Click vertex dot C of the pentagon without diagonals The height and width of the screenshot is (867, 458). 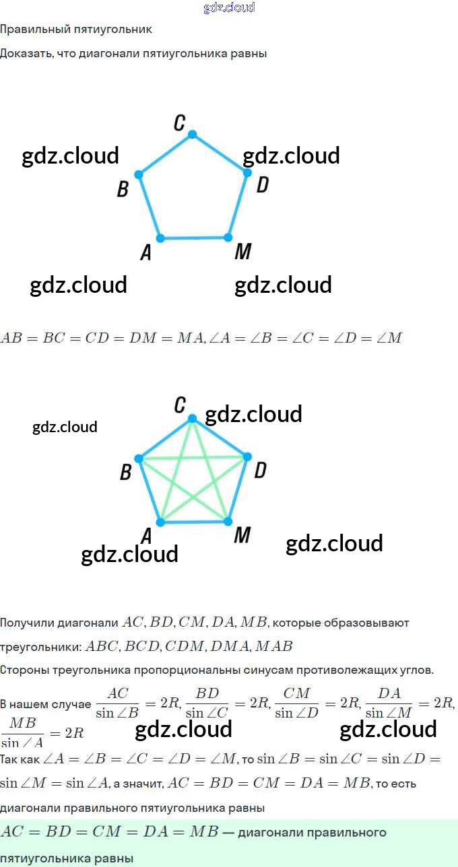[192, 135]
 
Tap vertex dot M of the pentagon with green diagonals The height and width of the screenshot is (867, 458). [228, 522]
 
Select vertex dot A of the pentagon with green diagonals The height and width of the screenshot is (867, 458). [160, 522]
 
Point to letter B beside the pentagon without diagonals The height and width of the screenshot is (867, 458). [123, 189]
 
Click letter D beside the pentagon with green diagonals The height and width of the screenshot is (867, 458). [260, 471]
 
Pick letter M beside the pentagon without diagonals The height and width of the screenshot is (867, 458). [242, 252]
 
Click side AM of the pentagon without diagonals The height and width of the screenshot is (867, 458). [194, 238]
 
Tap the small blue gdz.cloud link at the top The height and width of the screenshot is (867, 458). [229, 7]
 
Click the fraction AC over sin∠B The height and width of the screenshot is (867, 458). [117, 703]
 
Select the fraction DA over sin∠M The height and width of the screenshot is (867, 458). [389, 703]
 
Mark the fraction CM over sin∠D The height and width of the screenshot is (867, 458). [296, 703]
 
